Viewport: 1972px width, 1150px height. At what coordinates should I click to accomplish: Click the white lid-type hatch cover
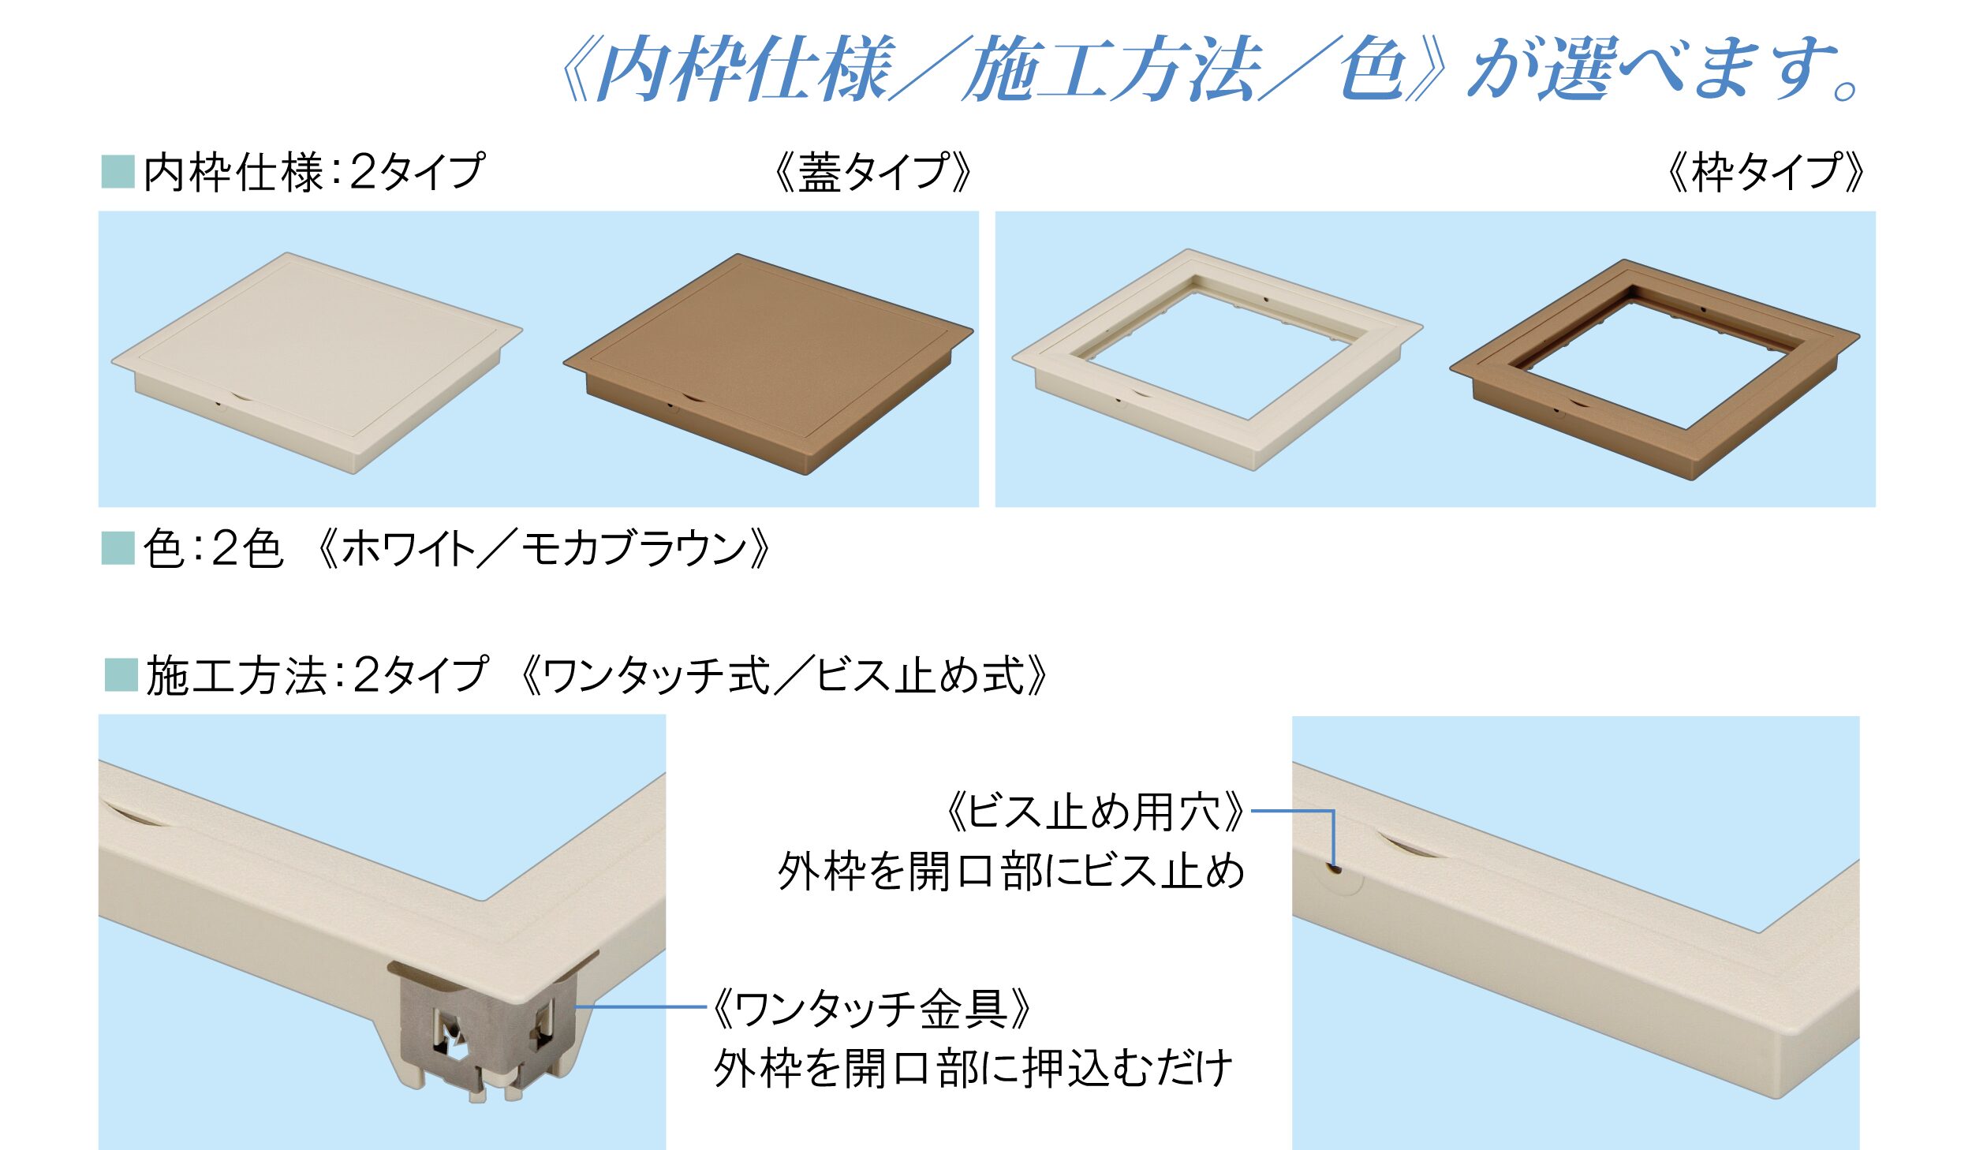[x=316, y=363]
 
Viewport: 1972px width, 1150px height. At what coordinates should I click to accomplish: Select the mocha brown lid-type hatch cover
[x=768, y=364]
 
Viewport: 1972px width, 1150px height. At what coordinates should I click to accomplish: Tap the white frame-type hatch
[x=1217, y=359]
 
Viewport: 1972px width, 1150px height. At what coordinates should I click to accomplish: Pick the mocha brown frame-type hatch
[x=1655, y=369]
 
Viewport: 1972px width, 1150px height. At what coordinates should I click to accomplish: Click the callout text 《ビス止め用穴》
[x=1095, y=812]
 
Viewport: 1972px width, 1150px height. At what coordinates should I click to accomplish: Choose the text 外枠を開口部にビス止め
[x=1011, y=872]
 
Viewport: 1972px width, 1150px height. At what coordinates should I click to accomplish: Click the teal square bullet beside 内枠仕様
[x=118, y=172]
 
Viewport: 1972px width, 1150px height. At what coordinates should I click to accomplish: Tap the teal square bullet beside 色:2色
[x=118, y=549]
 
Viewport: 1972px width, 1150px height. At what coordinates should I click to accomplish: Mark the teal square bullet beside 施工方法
[x=121, y=675]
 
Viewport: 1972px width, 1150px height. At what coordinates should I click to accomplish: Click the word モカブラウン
[x=635, y=549]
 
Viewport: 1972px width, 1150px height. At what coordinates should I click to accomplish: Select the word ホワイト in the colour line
[x=407, y=549]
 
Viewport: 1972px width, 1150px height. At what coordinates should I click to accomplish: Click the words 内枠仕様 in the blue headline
[x=745, y=69]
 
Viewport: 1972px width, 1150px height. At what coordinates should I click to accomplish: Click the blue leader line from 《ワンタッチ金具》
[x=641, y=1006]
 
